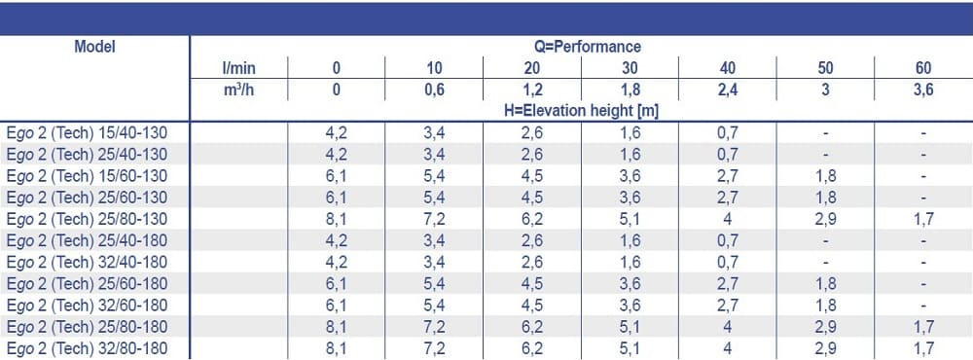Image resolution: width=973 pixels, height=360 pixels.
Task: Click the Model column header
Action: pyautogui.click(x=94, y=47)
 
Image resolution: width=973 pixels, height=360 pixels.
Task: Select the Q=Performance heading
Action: pyautogui.click(x=581, y=47)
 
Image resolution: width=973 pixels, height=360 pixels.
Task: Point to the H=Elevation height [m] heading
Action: pyautogui.click(x=581, y=111)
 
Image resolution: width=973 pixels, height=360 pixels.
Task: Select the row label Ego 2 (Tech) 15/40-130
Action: pyautogui.click(x=87, y=133)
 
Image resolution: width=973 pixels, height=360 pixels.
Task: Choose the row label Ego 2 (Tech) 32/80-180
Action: pyautogui.click(x=87, y=348)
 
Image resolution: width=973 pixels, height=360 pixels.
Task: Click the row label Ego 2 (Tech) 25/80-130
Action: pyautogui.click(x=87, y=219)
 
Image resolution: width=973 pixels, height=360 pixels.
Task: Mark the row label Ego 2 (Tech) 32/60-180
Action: pyautogui.click(x=87, y=306)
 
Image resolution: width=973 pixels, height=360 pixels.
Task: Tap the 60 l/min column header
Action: pyautogui.click(x=923, y=68)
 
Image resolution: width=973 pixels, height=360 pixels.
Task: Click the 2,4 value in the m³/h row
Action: pyautogui.click(x=728, y=90)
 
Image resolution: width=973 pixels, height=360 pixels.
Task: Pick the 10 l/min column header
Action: pyautogui.click(x=434, y=68)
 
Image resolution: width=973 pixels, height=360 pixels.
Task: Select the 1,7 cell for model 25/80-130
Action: pyautogui.click(x=923, y=219)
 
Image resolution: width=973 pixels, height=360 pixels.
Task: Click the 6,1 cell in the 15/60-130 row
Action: pyautogui.click(x=337, y=176)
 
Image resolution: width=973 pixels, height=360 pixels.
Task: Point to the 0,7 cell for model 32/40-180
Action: pyautogui.click(x=728, y=263)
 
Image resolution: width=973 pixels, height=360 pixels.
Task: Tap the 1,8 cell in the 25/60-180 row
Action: pyautogui.click(x=825, y=284)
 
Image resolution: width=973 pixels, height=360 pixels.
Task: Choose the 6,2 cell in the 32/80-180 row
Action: pyautogui.click(x=532, y=348)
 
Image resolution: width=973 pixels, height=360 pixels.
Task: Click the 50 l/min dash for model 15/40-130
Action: pyautogui.click(x=825, y=133)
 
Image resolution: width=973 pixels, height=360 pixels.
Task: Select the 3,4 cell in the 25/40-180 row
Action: pyautogui.click(x=434, y=240)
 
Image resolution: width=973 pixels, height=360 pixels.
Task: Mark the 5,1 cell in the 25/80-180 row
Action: pyautogui.click(x=630, y=327)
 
